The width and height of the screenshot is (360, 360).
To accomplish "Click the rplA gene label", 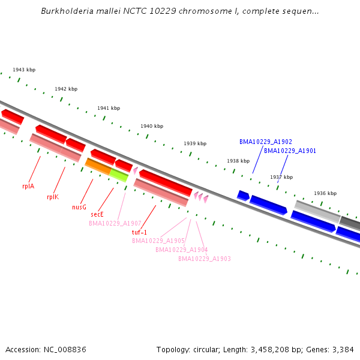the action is (x=28, y=186).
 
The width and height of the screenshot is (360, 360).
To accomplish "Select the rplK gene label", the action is (x=53, y=197).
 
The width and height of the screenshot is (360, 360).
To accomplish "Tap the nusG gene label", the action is (x=79, y=207).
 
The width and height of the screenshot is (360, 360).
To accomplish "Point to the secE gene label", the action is (x=97, y=214).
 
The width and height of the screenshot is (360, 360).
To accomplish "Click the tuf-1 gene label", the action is (x=139, y=232).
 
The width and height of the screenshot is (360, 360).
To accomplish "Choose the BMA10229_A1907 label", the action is (x=115, y=223).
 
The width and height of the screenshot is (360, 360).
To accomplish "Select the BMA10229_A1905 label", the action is (x=158, y=241).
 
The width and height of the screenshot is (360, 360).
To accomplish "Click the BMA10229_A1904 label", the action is (x=181, y=250).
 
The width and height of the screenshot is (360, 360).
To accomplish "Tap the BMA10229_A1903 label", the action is (x=204, y=259).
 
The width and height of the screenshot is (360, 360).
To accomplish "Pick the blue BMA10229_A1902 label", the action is (x=266, y=142).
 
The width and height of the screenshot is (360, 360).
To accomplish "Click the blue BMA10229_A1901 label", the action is (x=290, y=151).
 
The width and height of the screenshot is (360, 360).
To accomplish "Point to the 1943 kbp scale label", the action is (x=24, y=70).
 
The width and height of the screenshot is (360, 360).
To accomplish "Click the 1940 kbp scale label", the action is (x=152, y=127).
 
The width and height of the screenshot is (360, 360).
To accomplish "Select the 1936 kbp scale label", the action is (x=325, y=193).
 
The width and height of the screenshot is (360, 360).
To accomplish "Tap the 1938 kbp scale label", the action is (x=238, y=161).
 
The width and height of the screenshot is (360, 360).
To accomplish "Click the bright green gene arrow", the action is (x=118, y=175).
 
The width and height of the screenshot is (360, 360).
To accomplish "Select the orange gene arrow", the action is (x=98, y=166).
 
